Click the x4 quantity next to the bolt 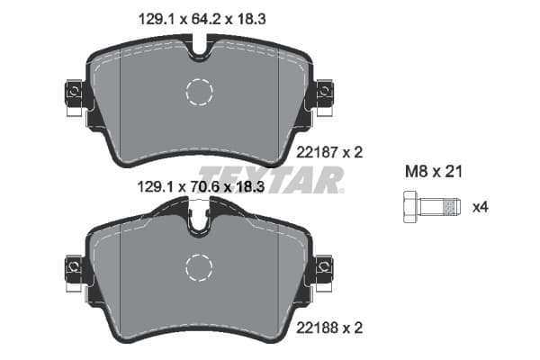(x=481, y=206)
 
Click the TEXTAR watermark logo (x=270, y=178)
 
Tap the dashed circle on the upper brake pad (x=198, y=91)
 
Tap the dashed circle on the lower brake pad (x=198, y=266)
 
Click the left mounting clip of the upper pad (x=73, y=93)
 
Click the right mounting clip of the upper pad (x=323, y=92)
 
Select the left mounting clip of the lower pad (x=73, y=267)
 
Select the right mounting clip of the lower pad (x=323, y=267)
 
